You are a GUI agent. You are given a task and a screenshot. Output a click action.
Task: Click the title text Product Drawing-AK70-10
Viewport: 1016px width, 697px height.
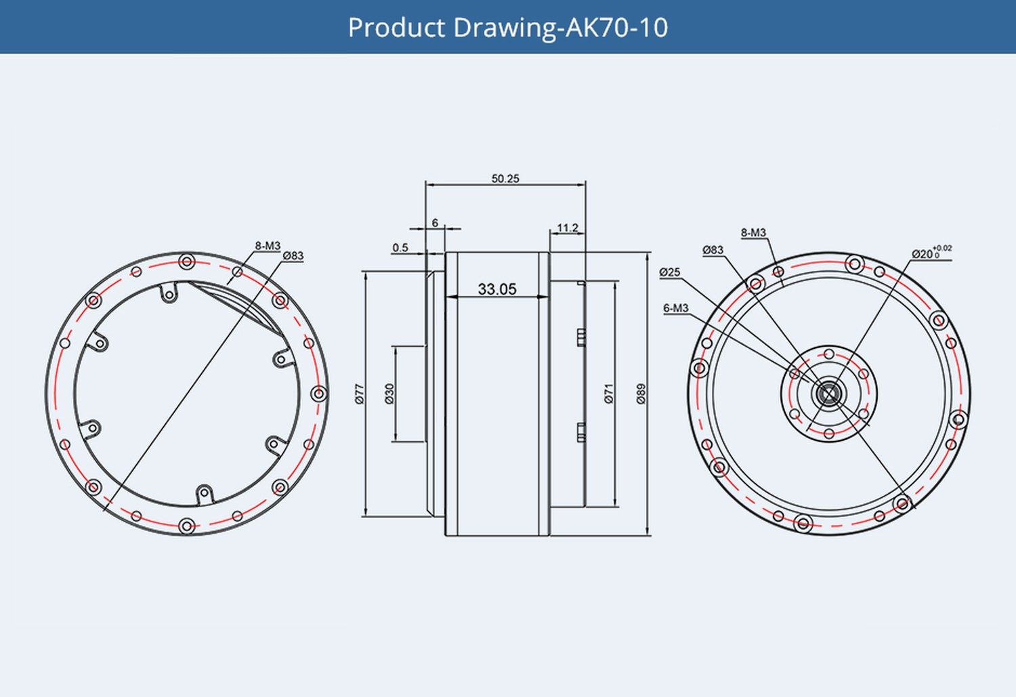pyautogui.click(x=508, y=28)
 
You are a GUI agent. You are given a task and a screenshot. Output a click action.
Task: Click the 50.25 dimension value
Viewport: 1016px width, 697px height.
pyautogui.click(x=505, y=179)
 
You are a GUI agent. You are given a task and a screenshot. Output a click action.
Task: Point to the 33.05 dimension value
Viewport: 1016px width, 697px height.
pyautogui.click(x=497, y=289)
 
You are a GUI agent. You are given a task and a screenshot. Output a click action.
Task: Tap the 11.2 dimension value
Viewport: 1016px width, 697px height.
pyautogui.click(x=568, y=228)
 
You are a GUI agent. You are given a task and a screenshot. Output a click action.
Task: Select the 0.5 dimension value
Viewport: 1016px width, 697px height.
pyautogui.click(x=400, y=248)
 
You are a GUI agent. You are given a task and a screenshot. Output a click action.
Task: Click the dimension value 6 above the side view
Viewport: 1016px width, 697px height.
pyautogui.click(x=435, y=223)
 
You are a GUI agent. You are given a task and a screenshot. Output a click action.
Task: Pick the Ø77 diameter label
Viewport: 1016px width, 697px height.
pyautogui.click(x=360, y=394)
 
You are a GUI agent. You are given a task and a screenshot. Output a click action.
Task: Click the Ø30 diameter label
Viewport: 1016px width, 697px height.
pyautogui.click(x=389, y=394)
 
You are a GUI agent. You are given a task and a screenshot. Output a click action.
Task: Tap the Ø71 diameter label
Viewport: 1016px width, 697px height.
pyautogui.click(x=608, y=394)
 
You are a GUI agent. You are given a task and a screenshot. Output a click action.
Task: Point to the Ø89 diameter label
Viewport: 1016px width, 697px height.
pyautogui.click(x=641, y=394)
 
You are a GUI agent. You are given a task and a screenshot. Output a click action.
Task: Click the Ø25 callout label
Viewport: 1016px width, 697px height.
pyautogui.click(x=670, y=272)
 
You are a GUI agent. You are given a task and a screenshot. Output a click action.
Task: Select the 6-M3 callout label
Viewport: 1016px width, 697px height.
pyautogui.click(x=675, y=308)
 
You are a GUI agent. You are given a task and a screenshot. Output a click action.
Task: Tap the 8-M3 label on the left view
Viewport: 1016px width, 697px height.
pyautogui.click(x=268, y=246)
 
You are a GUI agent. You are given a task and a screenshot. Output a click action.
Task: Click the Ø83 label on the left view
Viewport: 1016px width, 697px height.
pyautogui.click(x=293, y=256)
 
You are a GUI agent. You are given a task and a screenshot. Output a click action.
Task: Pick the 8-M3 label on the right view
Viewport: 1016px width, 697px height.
pyautogui.click(x=753, y=233)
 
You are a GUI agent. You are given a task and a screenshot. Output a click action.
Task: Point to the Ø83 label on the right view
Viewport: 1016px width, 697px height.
pyautogui.click(x=713, y=250)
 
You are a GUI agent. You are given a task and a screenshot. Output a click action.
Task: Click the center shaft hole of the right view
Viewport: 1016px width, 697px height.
pyautogui.click(x=828, y=394)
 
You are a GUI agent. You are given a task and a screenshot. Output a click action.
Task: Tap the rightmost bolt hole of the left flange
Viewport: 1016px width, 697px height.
pyautogui.click(x=318, y=394)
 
